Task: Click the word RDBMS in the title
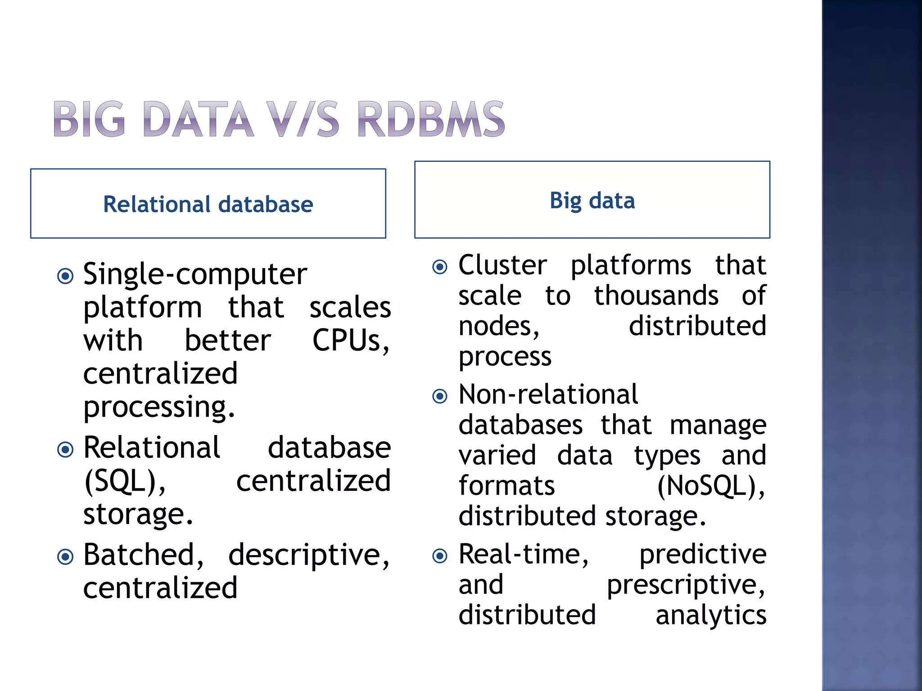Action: [431, 119]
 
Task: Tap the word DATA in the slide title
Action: [198, 119]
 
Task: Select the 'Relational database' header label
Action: [208, 204]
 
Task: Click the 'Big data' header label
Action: [592, 201]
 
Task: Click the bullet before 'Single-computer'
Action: [66, 276]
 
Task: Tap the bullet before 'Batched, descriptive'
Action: [66, 557]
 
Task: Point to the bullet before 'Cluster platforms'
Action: [440, 267]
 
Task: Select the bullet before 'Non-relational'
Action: [440, 396]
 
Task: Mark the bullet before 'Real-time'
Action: [440, 556]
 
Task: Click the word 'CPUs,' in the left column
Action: [351, 341]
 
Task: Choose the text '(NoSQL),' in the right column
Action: [711, 487]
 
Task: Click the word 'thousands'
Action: [656, 296]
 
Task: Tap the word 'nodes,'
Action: [499, 326]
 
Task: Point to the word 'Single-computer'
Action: [195, 274]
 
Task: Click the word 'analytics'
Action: [711, 615]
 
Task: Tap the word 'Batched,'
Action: [144, 555]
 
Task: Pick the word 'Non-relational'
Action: [548, 395]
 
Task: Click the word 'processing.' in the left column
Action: [159, 407]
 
